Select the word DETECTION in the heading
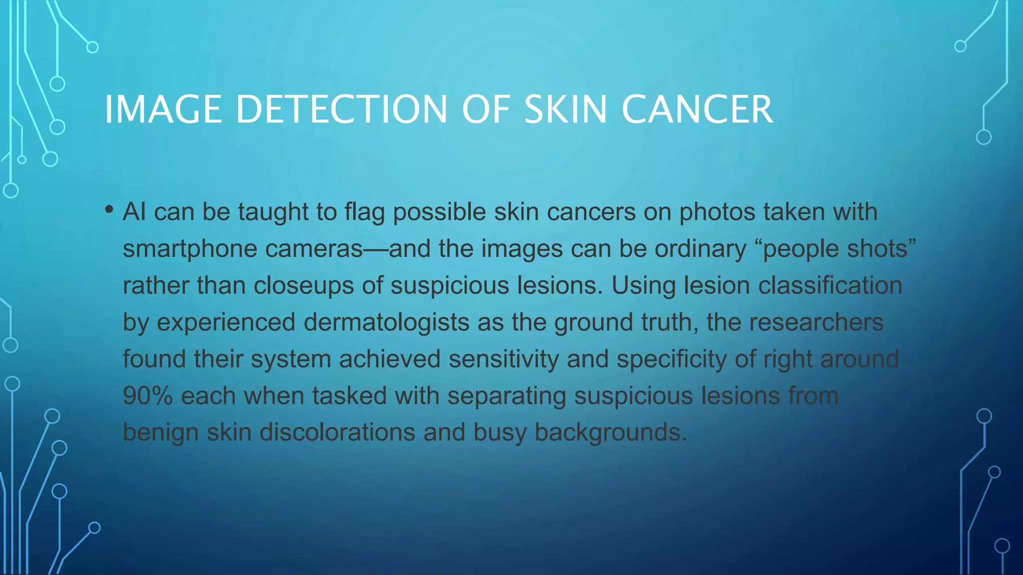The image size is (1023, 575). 342,109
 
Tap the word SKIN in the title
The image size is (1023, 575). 565,109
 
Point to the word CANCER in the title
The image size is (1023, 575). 697,109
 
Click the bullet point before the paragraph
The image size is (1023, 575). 109,209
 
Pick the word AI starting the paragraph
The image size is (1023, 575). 134,212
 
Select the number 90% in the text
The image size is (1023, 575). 148,396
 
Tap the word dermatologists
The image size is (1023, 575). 386,322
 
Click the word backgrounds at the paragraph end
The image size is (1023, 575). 610,432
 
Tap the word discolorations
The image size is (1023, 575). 337,432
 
